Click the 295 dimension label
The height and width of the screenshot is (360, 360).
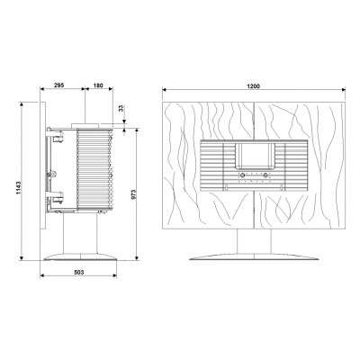(58, 85)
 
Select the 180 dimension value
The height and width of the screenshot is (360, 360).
(98, 85)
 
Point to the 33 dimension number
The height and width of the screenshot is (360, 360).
(121, 108)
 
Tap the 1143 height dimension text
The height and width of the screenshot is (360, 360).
(18, 188)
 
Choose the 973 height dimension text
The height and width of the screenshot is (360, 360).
(134, 194)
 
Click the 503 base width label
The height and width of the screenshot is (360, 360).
(78, 273)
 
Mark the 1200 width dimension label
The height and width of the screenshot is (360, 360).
(254, 86)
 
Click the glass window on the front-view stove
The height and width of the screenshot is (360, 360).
(255, 156)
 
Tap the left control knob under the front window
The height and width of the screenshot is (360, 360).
(241, 175)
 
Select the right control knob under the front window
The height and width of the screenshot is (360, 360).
(265, 175)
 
